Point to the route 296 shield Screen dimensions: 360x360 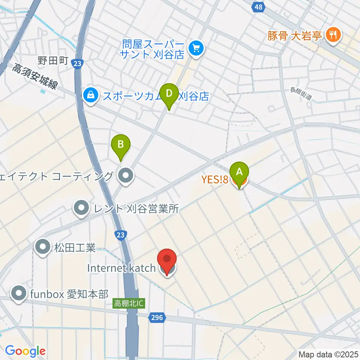click(157, 318)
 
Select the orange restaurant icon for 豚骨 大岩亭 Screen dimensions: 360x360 click(332, 36)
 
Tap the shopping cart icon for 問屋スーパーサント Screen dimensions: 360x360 click(196, 48)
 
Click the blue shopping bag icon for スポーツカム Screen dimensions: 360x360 click(90, 96)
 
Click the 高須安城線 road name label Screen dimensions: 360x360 click(34, 77)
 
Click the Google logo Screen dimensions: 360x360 click(25, 351)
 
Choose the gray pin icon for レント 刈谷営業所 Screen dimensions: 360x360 click(81, 209)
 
